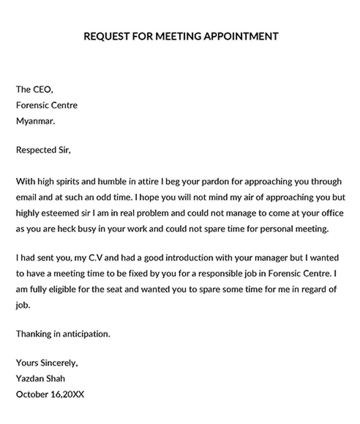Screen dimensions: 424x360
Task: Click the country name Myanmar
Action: (x=35, y=121)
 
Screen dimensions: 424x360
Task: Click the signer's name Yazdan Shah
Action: (x=40, y=379)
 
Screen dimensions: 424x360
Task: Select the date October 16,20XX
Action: (x=50, y=395)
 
